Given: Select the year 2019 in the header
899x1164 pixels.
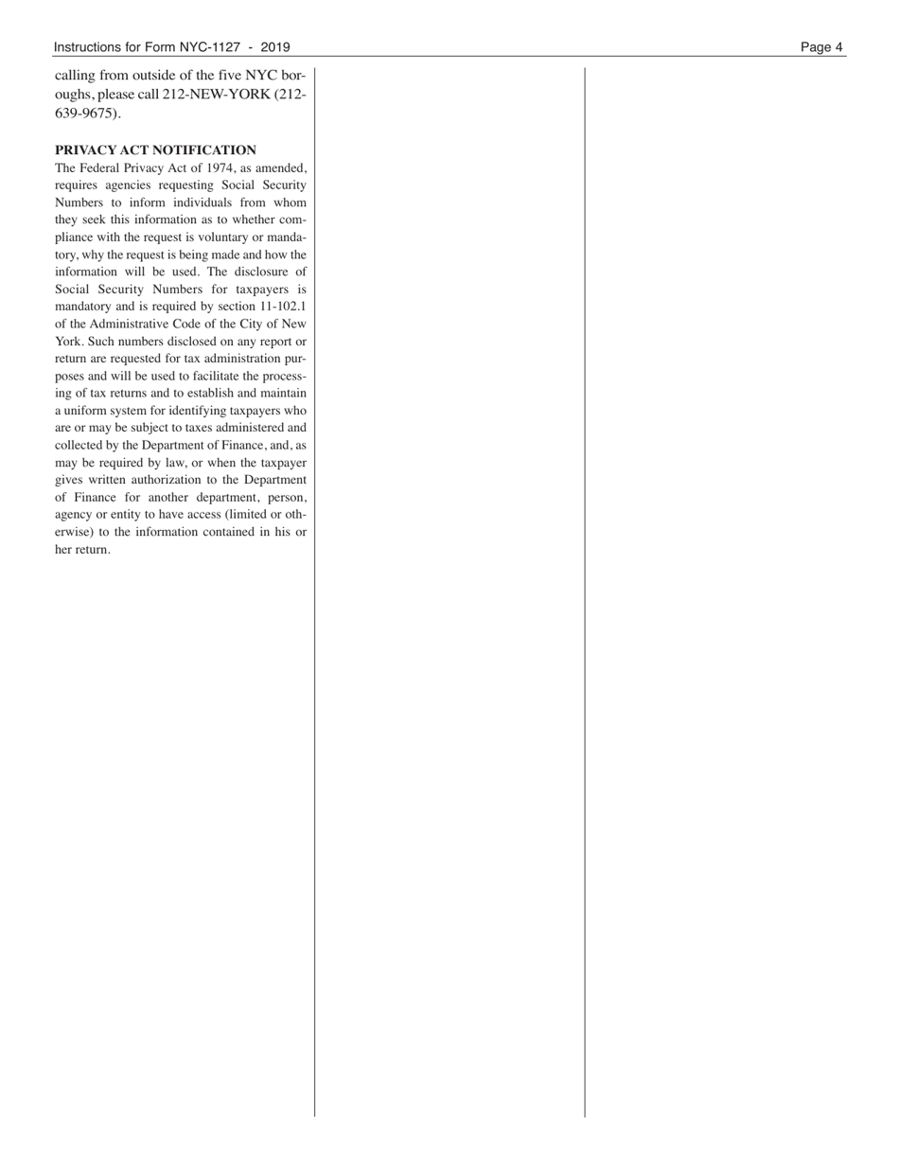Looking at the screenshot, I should click(x=274, y=47).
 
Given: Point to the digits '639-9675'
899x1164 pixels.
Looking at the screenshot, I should click(x=87, y=114).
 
